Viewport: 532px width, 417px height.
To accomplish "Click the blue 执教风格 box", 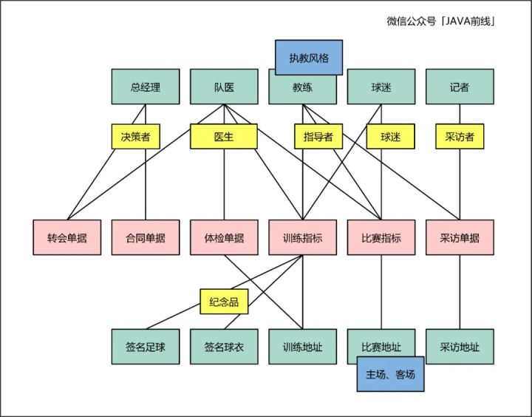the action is pyautogui.click(x=309, y=58).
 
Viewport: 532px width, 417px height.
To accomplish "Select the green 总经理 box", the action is pyautogui.click(x=146, y=87).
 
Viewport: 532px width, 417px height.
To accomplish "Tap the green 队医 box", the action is pyautogui.click(x=224, y=87).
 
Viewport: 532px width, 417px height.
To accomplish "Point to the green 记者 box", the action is pyautogui.click(x=460, y=87).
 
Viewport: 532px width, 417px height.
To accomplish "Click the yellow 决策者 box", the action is pyautogui.click(x=136, y=137).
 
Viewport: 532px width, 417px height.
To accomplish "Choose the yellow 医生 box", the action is pyautogui.click(x=224, y=137).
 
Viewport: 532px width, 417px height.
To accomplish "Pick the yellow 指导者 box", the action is pyautogui.click(x=318, y=137).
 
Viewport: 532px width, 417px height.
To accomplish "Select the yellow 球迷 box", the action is pyautogui.click(x=391, y=137).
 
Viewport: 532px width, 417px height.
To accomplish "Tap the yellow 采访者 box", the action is pyautogui.click(x=460, y=137).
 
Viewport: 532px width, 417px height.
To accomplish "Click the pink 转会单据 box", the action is pyautogui.click(x=66, y=237).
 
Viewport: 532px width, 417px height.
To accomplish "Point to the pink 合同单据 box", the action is pyautogui.click(x=146, y=237).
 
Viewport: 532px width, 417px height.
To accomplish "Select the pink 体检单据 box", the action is pyautogui.click(x=224, y=237).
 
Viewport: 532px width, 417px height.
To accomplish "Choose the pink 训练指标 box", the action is pyautogui.click(x=303, y=237).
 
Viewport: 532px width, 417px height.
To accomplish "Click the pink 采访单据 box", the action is pyautogui.click(x=460, y=237).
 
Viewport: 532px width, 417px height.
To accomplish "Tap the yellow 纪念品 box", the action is pyautogui.click(x=224, y=302).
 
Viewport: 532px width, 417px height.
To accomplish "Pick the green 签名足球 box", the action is pyautogui.click(x=146, y=347).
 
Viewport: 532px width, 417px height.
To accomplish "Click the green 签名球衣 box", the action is pyautogui.click(x=224, y=347).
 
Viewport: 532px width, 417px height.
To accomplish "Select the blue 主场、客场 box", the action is pyautogui.click(x=391, y=374).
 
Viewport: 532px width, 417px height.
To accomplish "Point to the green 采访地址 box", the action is pyautogui.click(x=460, y=347).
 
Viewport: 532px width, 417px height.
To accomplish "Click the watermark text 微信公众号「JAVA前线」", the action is pyautogui.click(x=440, y=21).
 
